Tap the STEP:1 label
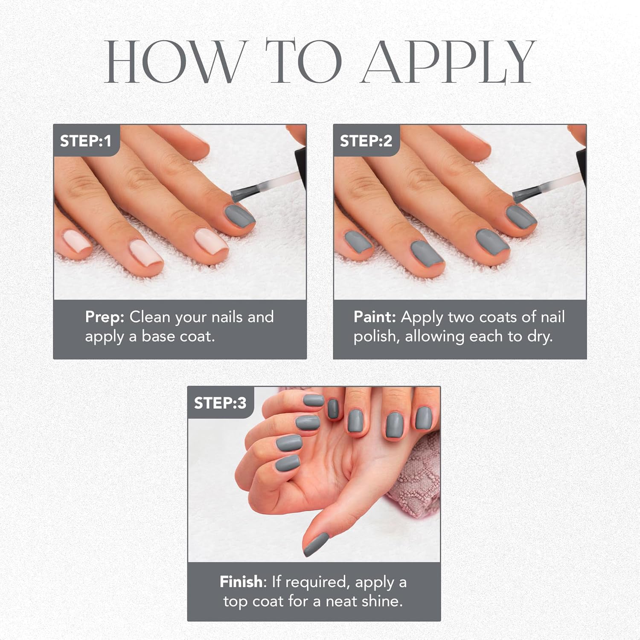pyautogui.click(x=85, y=141)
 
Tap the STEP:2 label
pyautogui.click(x=366, y=141)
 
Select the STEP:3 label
pyautogui.click(x=220, y=403)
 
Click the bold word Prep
pyautogui.click(x=105, y=317)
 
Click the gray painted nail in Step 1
pyautogui.click(x=239, y=215)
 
